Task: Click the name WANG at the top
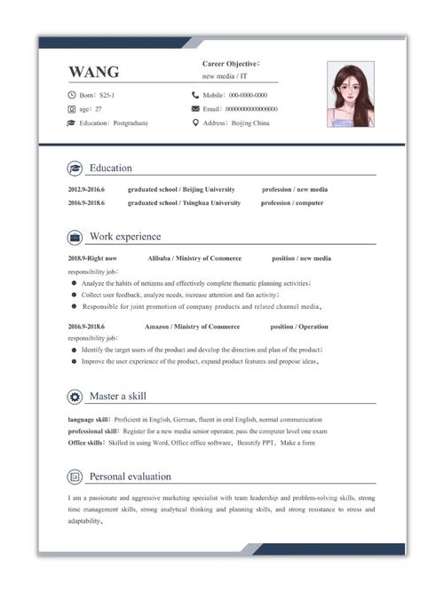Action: coord(93,72)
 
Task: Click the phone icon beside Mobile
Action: coord(195,94)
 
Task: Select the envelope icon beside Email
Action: coord(195,108)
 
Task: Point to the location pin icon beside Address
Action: coord(195,122)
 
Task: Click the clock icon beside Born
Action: coord(71,94)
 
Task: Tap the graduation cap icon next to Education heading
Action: coord(75,169)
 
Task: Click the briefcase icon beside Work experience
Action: coord(75,237)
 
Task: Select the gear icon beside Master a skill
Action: coord(75,396)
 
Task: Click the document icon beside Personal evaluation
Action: coord(75,477)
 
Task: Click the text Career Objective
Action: coord(229,64)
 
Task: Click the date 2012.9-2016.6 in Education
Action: coord(86,189)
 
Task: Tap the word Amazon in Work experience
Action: coord(156,327)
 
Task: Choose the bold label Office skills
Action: coord(87,441)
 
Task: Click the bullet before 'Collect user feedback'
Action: coord(73,294)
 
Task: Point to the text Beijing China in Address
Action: coord(250,122)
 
